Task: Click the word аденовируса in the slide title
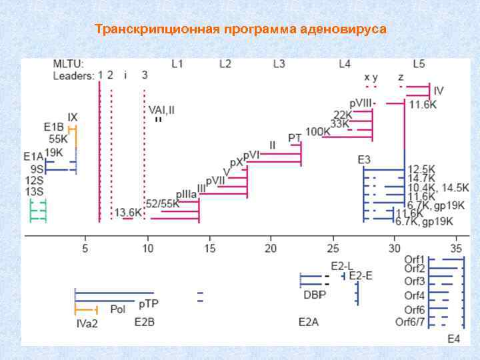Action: click(x=343, y=30)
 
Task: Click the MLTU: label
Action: click(x=68, y=64)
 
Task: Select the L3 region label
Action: click(x=279, y=64)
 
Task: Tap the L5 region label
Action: click(x=419, y=64)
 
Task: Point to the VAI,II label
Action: click(x=161, y=109)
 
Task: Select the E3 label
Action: click(x=365, y=160)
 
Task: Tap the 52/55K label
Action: click(x=162, y=204)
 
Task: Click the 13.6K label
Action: click(x=128, y=213)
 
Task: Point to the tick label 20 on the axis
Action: click(x=271, y=248)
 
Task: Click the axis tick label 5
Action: click(x=85, y=248)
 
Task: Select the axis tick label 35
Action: click(x=457, y=248)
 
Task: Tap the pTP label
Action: click(x=149, y=304)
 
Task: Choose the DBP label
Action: click(x=314, y=294)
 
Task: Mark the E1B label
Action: click(x=53, y=127)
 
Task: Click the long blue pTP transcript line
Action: click(x=114, y=293)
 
